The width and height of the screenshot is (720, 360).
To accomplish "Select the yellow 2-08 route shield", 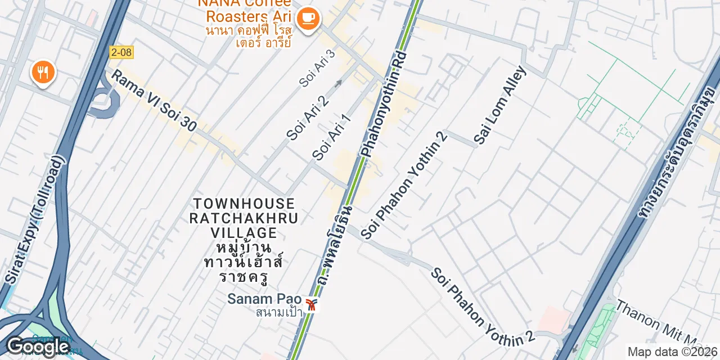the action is tap(121, 52).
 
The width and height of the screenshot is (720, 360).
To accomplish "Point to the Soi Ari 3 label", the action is tap(317, 68).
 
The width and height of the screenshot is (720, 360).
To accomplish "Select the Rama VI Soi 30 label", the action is tap(153, 101).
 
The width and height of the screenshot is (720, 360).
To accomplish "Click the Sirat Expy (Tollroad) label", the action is tap(35, 219).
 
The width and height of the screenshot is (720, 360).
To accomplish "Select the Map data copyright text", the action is tap(673, 352).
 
